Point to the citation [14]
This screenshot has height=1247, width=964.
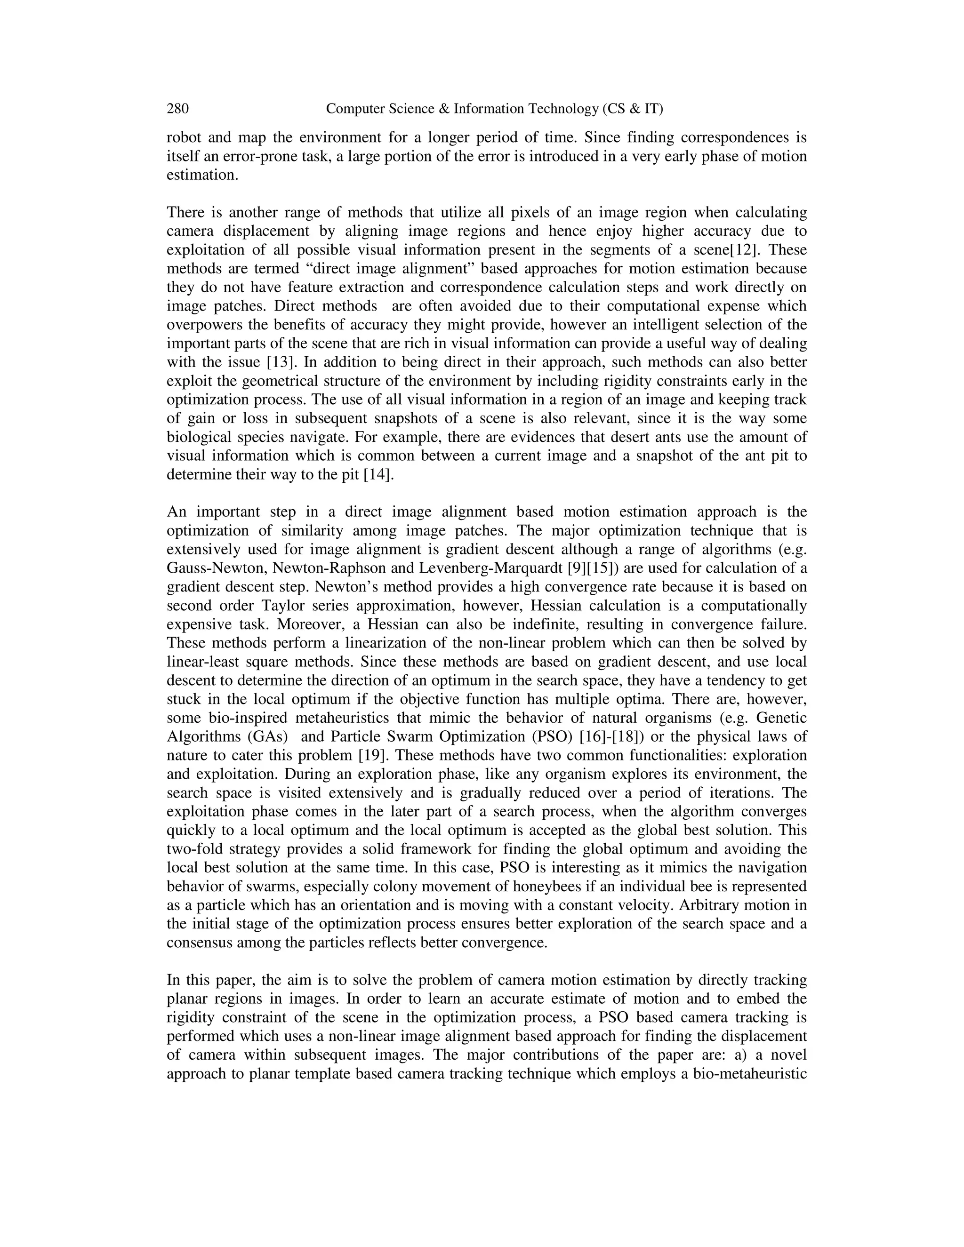click(x=378, y=474)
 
